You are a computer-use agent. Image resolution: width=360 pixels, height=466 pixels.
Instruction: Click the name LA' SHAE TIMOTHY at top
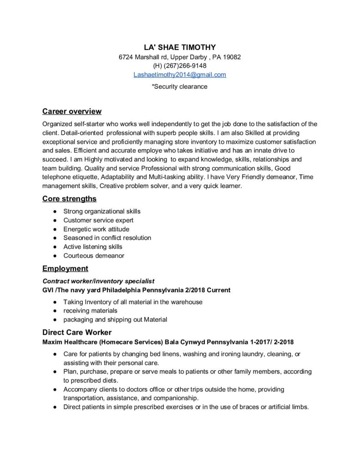coord(180,47)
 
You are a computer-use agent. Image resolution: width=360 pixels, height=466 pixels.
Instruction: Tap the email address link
coord(180,75)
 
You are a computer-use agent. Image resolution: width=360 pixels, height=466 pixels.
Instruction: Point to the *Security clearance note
coord(180,86)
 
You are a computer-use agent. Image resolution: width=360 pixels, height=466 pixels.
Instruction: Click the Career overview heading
coord(72,111)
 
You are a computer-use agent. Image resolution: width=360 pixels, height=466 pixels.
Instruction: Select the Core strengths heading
coord(69,199)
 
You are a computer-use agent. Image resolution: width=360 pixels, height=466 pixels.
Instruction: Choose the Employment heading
coord(65,268)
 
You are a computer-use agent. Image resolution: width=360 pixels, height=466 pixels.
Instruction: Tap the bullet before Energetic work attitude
coord(55,229)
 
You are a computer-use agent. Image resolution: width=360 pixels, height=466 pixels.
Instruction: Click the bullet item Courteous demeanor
coord(94,256)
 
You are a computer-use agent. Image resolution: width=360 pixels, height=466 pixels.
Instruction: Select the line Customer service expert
coord(98,220)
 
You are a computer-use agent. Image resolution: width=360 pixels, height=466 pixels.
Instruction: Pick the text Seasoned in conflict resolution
coord(107,238)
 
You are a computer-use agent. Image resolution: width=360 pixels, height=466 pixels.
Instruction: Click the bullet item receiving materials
coord(90,311)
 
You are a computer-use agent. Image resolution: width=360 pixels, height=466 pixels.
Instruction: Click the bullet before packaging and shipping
coord(55,319)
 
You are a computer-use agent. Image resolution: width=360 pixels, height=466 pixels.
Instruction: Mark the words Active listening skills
coord(93,247)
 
